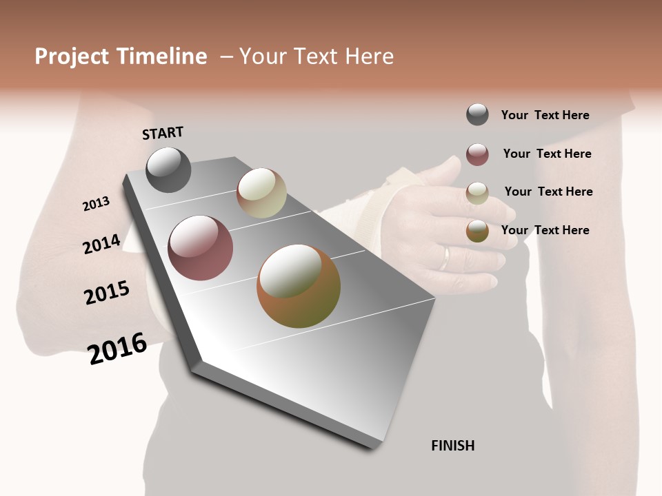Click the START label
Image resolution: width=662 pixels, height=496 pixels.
pyautogui.click(x=163, y=133)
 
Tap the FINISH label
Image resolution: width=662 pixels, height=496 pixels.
pyautogui.click(x=452, y=446)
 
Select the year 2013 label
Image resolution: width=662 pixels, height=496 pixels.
pyautogui.click(x=96, y=204)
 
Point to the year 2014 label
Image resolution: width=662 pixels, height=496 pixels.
pyautogui.click(x=101, y=244)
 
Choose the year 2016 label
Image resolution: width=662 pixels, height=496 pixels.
pyautogui.click(x=117, y=349)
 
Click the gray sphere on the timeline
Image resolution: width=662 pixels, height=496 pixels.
pyautogui.click(x=168, y=169)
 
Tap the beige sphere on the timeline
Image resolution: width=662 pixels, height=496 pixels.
pyautogui.click(x=261, y=193)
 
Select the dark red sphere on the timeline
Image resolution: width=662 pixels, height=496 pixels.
pyautogui.click(x=200, y=248)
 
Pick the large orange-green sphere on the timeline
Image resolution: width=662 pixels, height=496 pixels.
pyautogui.click(x=299, y=286)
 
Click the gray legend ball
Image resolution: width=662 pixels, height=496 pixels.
pyautogui.click(x=477, y=114)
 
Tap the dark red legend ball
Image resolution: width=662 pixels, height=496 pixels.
pyautogui.click(x=477, y=154)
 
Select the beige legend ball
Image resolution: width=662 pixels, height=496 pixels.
pyautogui.click(x=477, y=193)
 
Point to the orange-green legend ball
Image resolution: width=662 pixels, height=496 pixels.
pyautogui.click(x=477, y=231)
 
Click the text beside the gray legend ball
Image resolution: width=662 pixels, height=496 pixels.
pyautogui.click(x=545, y=115)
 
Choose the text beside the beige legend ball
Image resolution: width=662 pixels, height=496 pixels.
pyautogui.click(x=548, y=192)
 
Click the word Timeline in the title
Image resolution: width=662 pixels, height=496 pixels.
pyautogui.click(x=161, y=56)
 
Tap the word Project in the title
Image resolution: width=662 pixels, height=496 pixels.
pyautogui.click(x=72, y=56)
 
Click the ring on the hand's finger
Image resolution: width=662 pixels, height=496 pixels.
pyautogui.click(x=445, y=259)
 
